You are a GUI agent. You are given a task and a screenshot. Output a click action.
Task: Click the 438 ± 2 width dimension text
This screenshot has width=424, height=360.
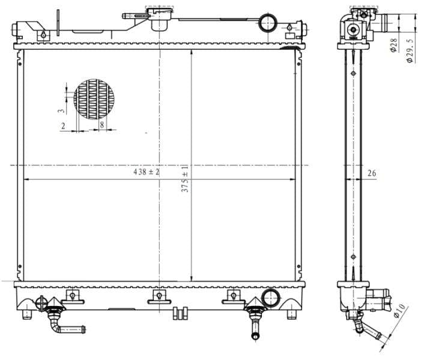click(147, 172)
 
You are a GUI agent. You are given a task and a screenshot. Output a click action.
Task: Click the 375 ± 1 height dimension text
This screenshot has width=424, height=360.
click(186, 179)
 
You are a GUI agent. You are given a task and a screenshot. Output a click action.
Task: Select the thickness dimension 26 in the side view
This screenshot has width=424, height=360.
click(372, 173)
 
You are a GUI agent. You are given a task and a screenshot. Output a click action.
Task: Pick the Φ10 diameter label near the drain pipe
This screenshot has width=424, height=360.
click(399, 313)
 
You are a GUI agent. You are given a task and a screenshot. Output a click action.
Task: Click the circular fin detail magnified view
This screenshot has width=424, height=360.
click(94, 97)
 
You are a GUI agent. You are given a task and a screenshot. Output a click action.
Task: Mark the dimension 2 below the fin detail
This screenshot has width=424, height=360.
click(63, 125)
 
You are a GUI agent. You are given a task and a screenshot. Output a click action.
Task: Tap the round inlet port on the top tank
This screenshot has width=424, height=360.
click(267, 23)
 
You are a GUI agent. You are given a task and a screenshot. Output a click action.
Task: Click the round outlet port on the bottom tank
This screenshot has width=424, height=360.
click(271, 297)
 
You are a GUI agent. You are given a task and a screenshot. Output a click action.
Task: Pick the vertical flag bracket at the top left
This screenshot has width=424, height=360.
click(58, 21)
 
